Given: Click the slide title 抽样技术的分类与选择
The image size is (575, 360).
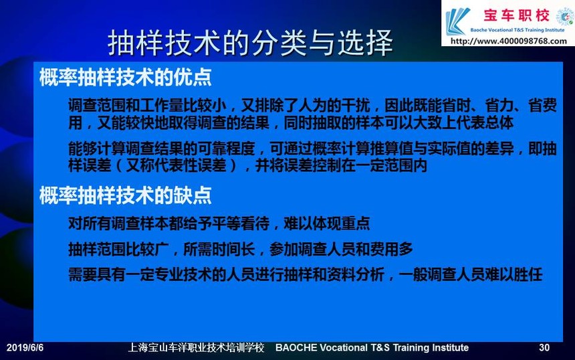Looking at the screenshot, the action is click(x=251, y=43).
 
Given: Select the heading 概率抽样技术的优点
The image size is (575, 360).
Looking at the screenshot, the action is click(x=126, y=78).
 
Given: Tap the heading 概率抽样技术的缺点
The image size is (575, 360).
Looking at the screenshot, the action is click(x=126, y=195).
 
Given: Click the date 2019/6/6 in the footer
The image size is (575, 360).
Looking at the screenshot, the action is click(x=25, y=347).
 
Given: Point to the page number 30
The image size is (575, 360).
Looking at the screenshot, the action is click(x=544, y=347).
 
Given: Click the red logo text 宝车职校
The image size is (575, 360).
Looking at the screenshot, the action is click(x=516, y=15).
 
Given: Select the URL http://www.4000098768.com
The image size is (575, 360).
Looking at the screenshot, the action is click(x=509, y=41).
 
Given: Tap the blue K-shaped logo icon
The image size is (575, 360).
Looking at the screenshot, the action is click(x=457, y=21).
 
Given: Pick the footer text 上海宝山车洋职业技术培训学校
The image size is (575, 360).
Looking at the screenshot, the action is click(x=196, y=347).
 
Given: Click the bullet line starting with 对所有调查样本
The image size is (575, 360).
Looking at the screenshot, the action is click(x=219, y=223).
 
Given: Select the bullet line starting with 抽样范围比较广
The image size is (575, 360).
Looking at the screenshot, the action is click(x=241, y=250).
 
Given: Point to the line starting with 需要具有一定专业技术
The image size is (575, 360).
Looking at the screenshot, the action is click(x=305, y=274).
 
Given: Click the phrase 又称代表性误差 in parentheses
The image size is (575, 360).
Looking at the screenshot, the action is click(x=176, y=166).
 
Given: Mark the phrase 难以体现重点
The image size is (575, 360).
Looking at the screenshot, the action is click(x=327, y=223).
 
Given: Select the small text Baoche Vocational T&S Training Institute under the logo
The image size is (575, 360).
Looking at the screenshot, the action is click(x=517, y=30).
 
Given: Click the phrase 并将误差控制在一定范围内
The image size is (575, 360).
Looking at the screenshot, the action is click(x=342, y=166).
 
